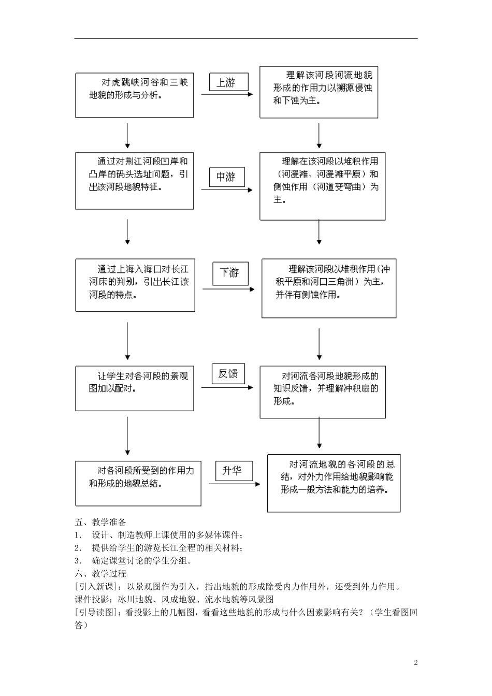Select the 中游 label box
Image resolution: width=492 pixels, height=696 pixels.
click(226, 177)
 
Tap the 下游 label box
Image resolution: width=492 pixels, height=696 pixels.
click(230, 273)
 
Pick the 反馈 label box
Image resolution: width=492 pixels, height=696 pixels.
click(228, 373)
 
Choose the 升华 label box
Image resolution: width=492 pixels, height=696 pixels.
click(232, 470)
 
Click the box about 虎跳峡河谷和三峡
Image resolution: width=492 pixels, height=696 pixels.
click(135, 95)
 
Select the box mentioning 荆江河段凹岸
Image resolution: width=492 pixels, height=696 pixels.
click(135, 180)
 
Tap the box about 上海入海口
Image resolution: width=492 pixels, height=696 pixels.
click(135, 285)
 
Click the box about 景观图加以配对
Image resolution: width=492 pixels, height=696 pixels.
click(135, 388)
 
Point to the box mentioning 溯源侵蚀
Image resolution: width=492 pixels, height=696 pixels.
click(319, 92)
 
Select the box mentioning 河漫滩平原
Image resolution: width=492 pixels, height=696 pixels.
click(322, 186)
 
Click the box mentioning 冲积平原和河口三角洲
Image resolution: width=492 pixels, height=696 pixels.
click(329, 288)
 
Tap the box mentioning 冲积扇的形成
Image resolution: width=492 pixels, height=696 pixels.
click(322, 392)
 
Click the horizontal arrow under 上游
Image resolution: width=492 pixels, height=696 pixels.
click(227, 94)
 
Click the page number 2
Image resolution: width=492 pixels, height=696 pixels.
click(415, 662)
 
